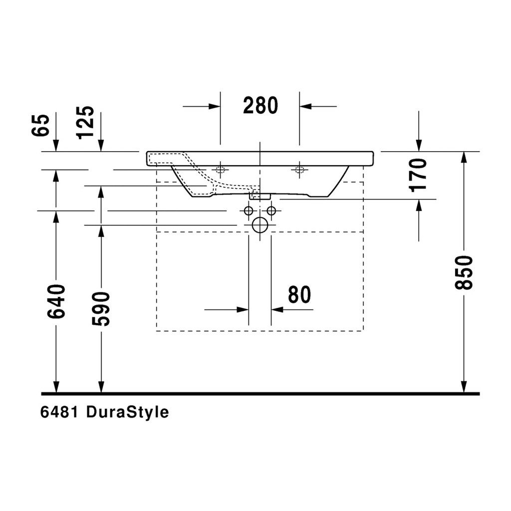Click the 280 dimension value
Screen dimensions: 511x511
tap(260, 105)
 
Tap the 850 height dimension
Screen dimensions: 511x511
tap(464, 272)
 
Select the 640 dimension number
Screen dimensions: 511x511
tap(56, 301)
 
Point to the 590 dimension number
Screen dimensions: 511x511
tap(101, 309)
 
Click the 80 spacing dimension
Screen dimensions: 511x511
tap(299, 294)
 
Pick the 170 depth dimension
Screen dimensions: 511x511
tap(419, 175)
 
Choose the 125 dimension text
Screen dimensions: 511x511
tap(85, 123)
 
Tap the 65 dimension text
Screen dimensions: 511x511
tap(40, 125)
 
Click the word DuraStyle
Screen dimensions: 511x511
tap(127, 412)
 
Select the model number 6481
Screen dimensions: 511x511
tap(59, 412)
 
